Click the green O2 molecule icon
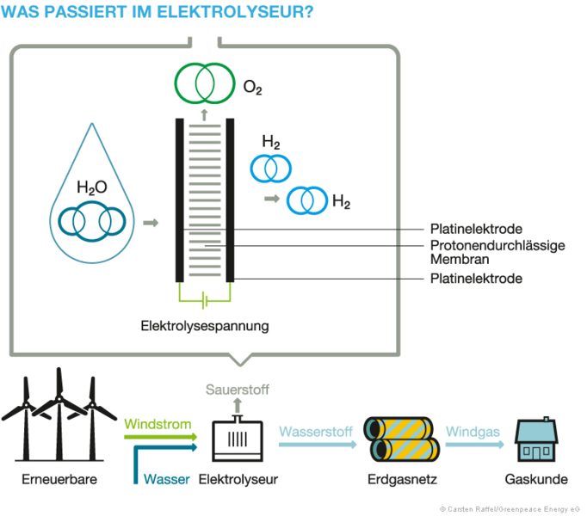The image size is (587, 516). point(205,83)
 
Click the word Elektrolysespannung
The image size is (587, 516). point(205,326)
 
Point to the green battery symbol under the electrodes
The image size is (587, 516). point(205,300)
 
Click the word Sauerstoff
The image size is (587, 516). point(238,390)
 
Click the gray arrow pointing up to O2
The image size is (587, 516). point(205,112)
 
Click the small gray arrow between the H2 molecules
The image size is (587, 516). point(271,199)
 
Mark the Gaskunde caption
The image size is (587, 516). point(537,479)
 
